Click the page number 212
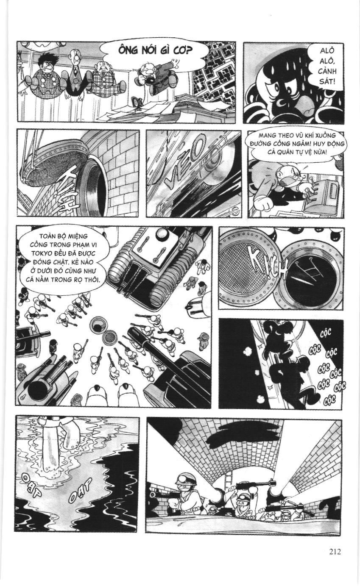334,552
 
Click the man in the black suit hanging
76,72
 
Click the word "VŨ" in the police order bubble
303,135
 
